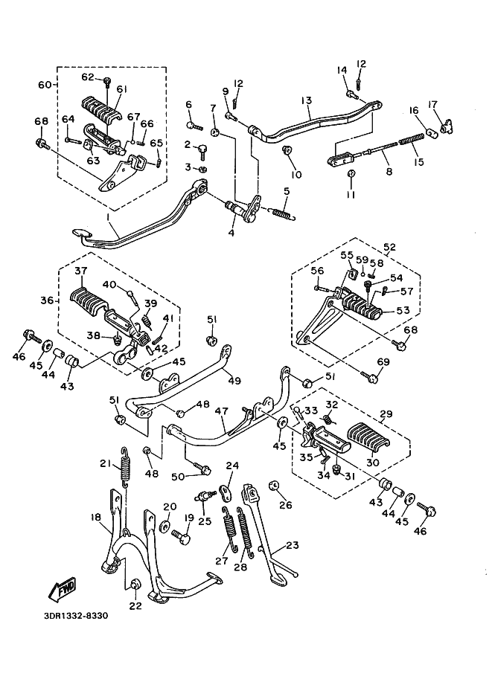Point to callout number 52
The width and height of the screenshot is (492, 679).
(x=389, y=247)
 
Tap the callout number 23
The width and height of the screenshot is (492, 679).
(x=292, y=545)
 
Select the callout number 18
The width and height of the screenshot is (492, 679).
(x=96, y=517)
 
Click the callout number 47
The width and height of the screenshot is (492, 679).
(x=221, y=411)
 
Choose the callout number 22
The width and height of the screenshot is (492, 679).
(x=135, y=605)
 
